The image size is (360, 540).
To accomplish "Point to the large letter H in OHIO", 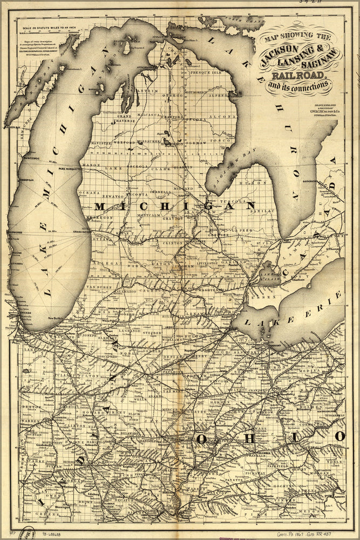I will tap(249, 438).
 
